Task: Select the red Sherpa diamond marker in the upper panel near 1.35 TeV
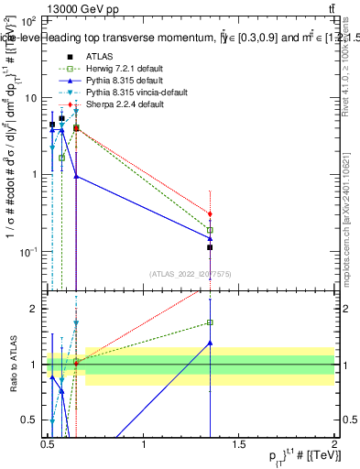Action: coord(211,214)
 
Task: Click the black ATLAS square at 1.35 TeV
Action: coord(211,247)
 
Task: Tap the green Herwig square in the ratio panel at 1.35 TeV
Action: coord(211,322)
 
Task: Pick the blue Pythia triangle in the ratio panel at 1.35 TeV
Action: coord(211,343)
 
